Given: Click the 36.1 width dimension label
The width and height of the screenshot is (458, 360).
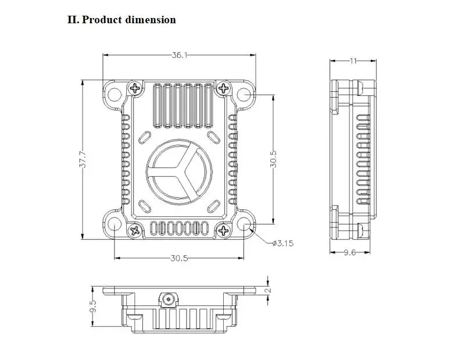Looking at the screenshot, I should (x=180, y=55).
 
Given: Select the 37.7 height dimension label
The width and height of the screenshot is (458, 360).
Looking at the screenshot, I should (x=84, y=159).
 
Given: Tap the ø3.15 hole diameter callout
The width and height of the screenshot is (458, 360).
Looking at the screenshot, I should (x=283, y=243).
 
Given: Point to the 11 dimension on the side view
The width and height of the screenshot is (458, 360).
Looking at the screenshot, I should (x=353, y=60).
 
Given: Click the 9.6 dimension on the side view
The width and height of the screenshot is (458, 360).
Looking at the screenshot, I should (x=350, y=252).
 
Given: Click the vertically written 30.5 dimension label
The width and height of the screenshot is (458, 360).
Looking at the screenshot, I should (x=273, y=159).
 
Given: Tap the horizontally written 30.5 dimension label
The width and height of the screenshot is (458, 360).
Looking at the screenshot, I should (x=180, y=258).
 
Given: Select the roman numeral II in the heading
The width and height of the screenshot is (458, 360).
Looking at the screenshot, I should (x=73, y=20).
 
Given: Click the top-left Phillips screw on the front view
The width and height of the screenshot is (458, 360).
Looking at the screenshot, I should (x=135, y=88).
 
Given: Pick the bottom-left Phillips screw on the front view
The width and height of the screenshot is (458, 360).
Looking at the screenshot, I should (x=135, y=230).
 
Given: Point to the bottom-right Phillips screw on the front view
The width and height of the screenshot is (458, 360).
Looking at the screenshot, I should (x=223, y=230).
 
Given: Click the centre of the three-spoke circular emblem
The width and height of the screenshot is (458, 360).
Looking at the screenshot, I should (x=179, y=172).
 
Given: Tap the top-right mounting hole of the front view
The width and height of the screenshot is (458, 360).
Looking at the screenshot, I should (x=244, y=95).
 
